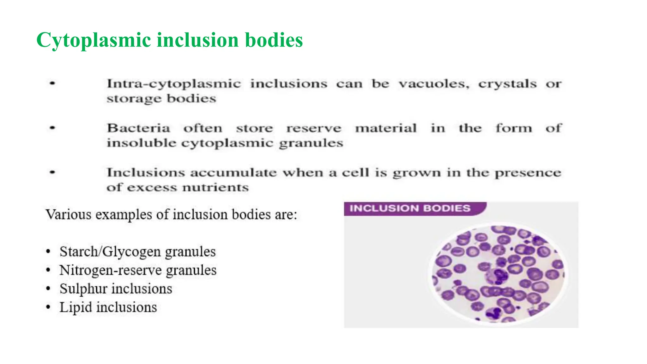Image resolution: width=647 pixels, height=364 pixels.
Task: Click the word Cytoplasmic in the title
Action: point(94,40)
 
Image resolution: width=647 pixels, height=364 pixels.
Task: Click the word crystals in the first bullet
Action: point(507,84)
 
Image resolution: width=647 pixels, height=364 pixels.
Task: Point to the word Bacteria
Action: point(138,128)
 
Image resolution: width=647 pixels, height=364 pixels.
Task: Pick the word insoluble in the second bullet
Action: point(141,143)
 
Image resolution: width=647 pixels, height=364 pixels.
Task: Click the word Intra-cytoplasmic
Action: point(174,84)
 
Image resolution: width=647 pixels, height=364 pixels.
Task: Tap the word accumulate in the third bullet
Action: point(233,173)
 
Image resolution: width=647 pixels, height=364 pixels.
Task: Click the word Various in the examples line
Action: point(68,215)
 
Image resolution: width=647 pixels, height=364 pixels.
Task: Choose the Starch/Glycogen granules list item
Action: point(137,252)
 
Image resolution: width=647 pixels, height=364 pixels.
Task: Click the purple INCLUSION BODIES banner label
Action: point(410,209)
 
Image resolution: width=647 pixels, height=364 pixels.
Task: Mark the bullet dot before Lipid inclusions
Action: point(48,307)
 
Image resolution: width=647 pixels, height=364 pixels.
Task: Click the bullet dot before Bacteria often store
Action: point(52,128)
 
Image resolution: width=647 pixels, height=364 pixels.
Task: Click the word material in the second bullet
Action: point(386,128)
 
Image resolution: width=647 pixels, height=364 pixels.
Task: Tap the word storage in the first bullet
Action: point(134,99)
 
